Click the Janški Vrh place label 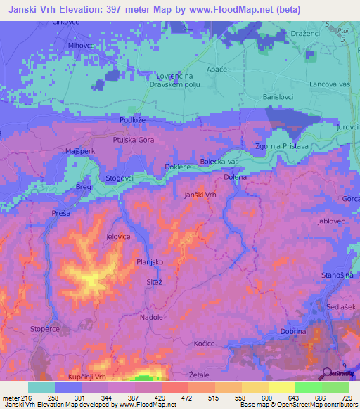[200, 195]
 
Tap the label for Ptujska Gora [134, 141]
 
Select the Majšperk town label [80, 152]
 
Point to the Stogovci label [120, 178]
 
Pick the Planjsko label [150, 261]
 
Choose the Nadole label [151, 317]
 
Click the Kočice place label [204, 343]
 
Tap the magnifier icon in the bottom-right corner [328, 373]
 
